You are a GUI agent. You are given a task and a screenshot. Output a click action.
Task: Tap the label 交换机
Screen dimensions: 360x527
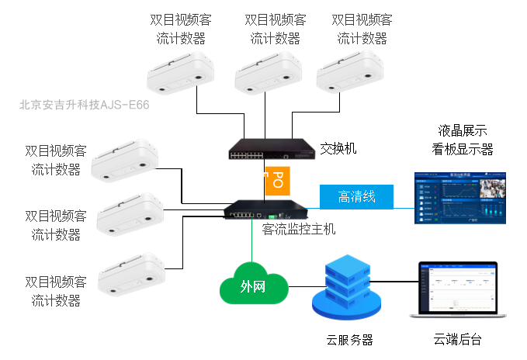click(338, 147)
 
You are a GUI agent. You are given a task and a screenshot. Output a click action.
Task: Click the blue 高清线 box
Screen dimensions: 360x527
click(356, 197)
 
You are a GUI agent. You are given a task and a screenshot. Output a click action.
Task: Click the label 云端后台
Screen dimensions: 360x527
click(458, 340)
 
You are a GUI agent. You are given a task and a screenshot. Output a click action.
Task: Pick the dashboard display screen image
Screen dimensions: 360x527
click(459, 198)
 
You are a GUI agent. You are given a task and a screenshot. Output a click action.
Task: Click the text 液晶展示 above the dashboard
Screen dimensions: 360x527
click(463, 130)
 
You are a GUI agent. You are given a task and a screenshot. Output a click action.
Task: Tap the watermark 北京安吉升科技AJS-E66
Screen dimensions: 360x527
click(84, 103)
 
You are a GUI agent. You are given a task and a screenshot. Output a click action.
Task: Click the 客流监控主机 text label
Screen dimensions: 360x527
click(300, 230)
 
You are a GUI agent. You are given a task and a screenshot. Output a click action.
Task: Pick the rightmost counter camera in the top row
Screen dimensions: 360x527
click(351, 70)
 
